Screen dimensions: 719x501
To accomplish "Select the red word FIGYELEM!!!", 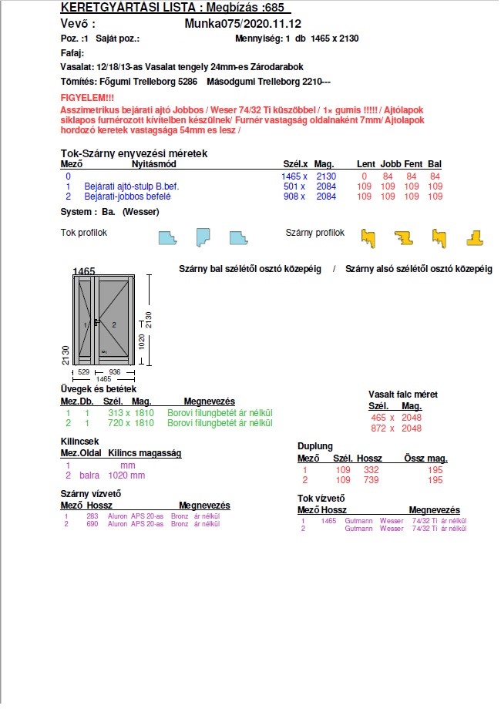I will pos(87,98).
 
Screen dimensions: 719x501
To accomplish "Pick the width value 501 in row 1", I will pos(291,186).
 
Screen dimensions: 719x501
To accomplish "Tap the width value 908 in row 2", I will pos(291,197).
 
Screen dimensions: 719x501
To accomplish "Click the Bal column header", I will pos(435,164).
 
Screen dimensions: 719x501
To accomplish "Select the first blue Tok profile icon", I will pos(167,237).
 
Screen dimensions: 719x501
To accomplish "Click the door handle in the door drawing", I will pos(96,321).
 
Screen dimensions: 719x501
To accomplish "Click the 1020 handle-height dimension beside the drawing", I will pos(140,341).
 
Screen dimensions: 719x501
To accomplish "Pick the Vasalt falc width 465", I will pos(378,417).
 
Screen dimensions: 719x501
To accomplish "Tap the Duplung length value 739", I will pos(371,480).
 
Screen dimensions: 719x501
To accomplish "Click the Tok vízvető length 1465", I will pos(329,521).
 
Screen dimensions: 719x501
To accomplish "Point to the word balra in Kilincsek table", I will pos(89,475).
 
